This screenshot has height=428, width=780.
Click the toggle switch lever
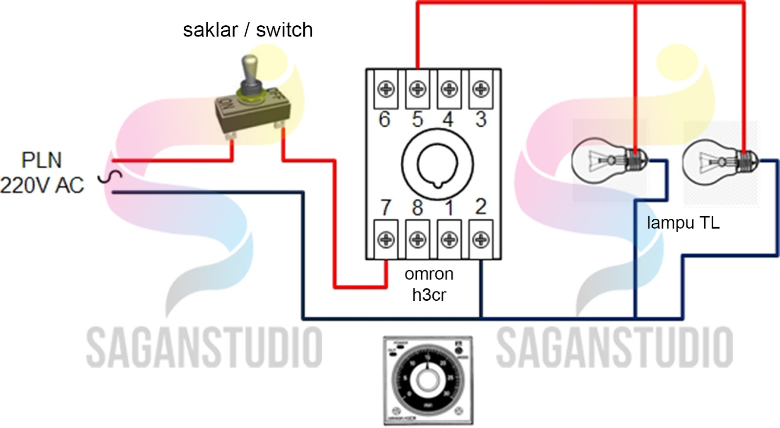(251, 73)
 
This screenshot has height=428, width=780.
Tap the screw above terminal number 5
(417, 89)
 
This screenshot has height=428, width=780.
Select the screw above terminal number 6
(386, 89)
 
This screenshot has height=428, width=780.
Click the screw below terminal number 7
(386, 239)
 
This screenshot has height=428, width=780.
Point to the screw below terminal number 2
(481, 239)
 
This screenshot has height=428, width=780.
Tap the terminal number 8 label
(417, 208)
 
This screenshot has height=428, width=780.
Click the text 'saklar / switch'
(248, 30)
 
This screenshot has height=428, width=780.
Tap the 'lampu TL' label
(683, 223)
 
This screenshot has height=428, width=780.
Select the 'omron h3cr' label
(429, 284)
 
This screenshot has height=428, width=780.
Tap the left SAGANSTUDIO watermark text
(204, 347)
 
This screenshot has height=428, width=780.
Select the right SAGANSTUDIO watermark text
(614, 347)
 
